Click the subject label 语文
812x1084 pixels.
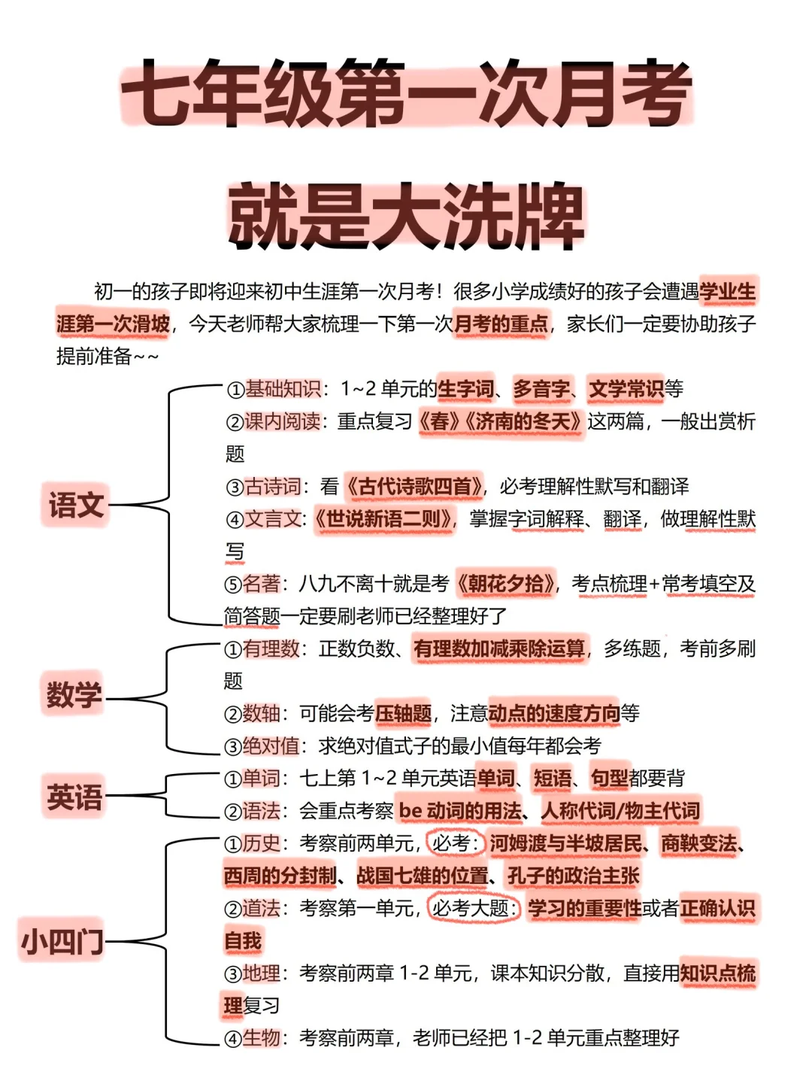(76, 504)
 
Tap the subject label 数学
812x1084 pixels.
(74, 694)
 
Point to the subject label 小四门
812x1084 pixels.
(62, 940)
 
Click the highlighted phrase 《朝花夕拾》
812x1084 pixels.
(507, 584)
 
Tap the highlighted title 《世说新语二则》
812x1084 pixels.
(383, 519)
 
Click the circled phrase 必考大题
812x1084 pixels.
(473, 908)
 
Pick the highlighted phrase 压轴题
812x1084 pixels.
(403, 713)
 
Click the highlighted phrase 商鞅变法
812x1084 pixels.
(698, 843)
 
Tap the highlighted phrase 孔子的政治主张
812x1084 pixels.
(574, 876)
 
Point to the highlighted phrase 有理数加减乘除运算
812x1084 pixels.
(499, 648)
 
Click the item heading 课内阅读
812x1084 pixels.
(282, 421)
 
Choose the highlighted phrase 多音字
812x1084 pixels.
(541, 389)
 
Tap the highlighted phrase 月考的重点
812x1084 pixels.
(501, 324)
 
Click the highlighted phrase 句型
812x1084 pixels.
(609, 779)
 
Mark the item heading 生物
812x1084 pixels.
(261, 1038)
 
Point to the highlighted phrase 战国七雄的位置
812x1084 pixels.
(422, 876)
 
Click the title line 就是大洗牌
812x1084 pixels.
(406, 217)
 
